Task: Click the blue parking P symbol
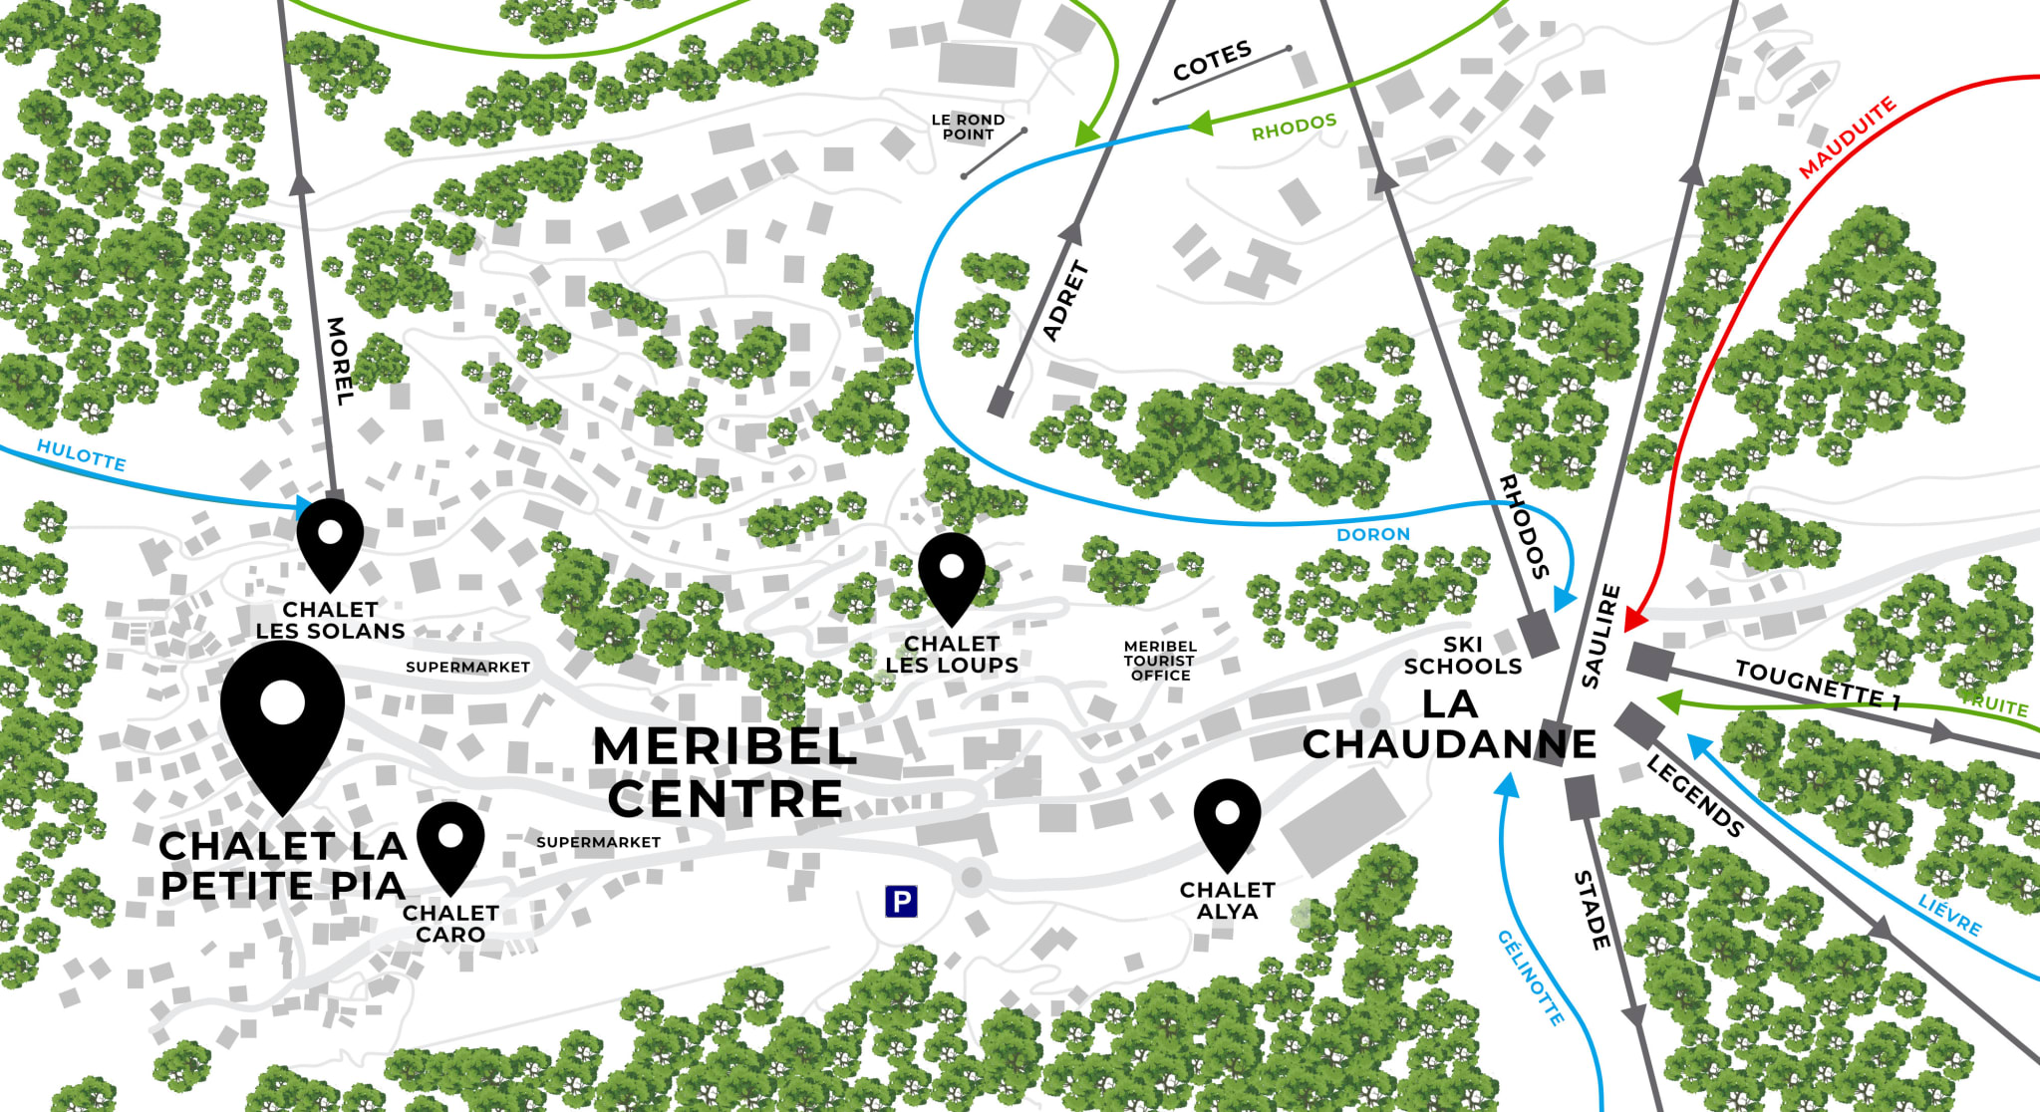click(901, 902)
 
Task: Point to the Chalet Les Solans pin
click(330, 537)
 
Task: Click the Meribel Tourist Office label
click(1160, 661)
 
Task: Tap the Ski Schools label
click(1462, 656)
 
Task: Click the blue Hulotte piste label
click(82, 455)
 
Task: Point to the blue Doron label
click(1372, 534)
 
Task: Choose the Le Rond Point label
click(968, 127)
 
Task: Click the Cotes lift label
click(1212, 61)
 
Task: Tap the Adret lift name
click(1065, 301)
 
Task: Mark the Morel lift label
click(339, 361)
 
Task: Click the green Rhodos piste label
click(1294, 128)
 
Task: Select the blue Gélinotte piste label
click(1530, 977)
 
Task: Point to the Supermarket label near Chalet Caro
click(598, 842)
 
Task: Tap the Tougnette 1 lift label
click(1818, 684)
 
